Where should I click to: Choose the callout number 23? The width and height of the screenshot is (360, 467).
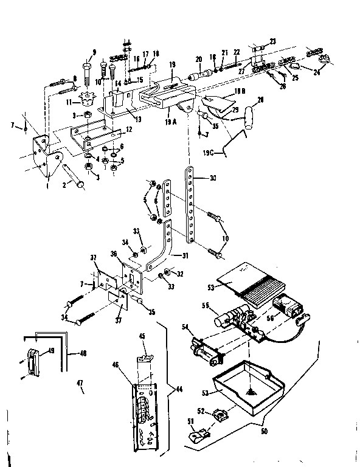[x=272, y=42]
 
